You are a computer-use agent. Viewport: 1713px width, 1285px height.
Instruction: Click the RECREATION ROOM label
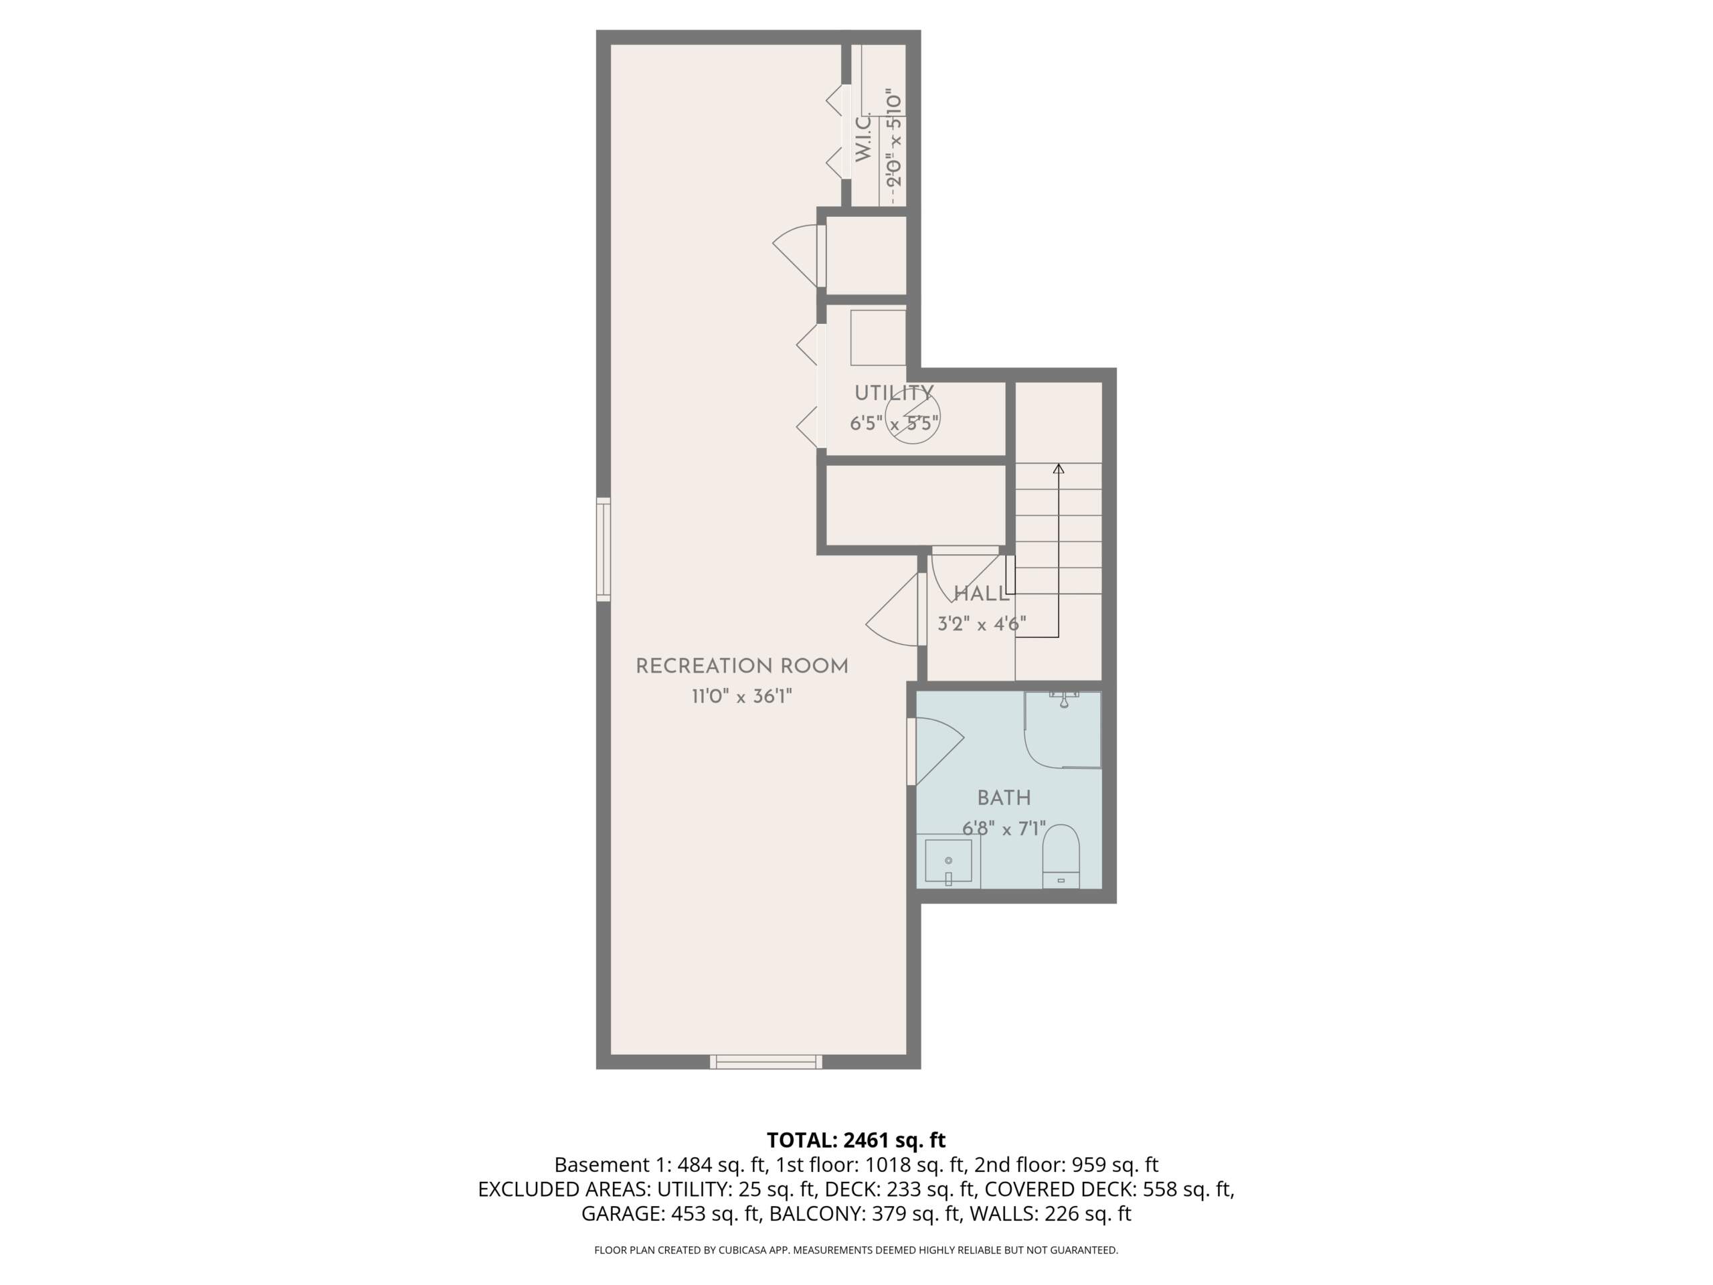click(x=742, y=667)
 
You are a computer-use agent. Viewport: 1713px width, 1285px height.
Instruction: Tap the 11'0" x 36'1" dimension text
click(x=742, y=696)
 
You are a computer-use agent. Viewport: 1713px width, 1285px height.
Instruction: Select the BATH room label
click(x=1004, y=798)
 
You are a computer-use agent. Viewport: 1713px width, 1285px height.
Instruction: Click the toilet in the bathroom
click(x=1061, y=856)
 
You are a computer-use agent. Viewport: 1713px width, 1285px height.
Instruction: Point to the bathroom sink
click(x=949, y=862)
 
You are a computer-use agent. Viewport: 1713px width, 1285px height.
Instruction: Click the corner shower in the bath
click(x=1063, y=729)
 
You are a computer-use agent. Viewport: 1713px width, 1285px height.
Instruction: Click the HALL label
click(x=981, y=594)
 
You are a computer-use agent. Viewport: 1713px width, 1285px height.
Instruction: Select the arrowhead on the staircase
click(x=1059, y=468)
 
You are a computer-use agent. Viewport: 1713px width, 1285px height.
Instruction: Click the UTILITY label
click(x=894, y=394)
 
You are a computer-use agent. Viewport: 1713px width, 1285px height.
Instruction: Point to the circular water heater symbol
click(x=913, y=416)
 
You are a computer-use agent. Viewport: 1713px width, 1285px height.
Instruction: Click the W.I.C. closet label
click(x=863, y=138)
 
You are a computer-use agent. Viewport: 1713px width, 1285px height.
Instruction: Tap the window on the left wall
click(x=604, y=549)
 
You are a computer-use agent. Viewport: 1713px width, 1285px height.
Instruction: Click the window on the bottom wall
click(x=766, y=1061)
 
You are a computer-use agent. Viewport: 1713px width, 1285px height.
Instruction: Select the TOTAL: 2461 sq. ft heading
click(x=856, y=1140)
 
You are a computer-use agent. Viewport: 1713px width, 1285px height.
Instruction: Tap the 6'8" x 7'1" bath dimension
click(x=1004, y=829)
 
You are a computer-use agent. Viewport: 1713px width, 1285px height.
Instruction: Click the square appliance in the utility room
click(x=878, y=338)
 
